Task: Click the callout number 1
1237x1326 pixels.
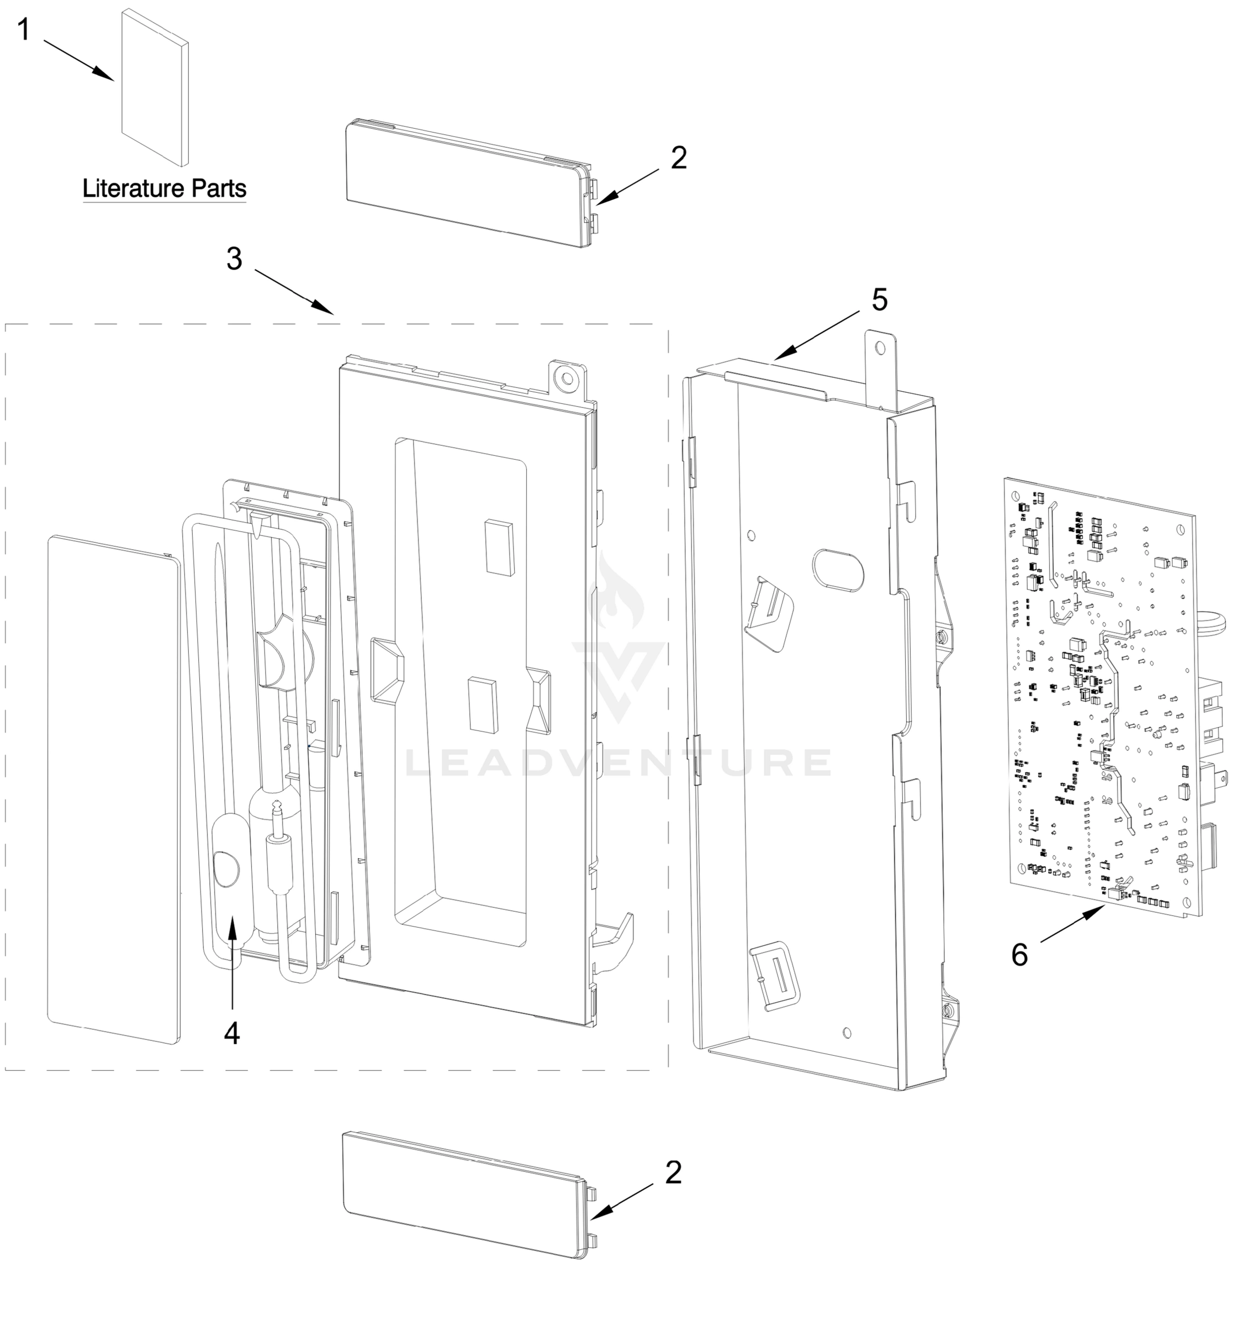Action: point(23,30)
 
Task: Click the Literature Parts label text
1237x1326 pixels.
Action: point(164,189)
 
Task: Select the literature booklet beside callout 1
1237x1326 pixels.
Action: point(154,87)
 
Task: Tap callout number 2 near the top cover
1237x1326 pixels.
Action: point(678,158)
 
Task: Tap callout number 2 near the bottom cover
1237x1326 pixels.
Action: point(674,1172)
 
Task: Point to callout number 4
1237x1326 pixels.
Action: point(231,1033)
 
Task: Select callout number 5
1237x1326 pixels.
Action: point(880,300)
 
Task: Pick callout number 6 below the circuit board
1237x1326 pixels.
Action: point(1019,955)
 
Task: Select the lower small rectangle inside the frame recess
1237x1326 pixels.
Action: point(482,705)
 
